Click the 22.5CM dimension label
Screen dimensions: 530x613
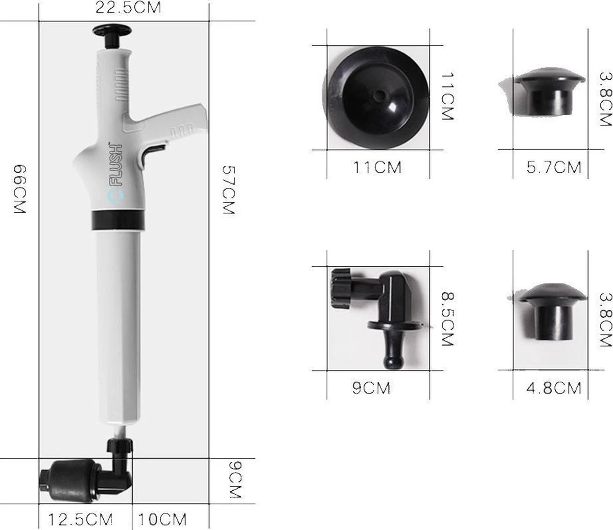[x=128, y=9]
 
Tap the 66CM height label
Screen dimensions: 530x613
[x=19, y=190]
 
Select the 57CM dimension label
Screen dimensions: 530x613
[x=228, y=190]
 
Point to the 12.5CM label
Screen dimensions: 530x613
[x=81, y=520]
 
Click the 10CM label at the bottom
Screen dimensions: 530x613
[x=162, y=520]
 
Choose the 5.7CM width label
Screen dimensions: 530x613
[x=554, y=167]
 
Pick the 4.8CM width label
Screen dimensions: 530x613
[x=554, y=388]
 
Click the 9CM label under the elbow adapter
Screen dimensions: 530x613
[x=371, y=388]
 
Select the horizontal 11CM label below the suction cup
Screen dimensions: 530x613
[x=377, y=167]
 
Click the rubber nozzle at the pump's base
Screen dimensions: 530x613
[x=67, y=477]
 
